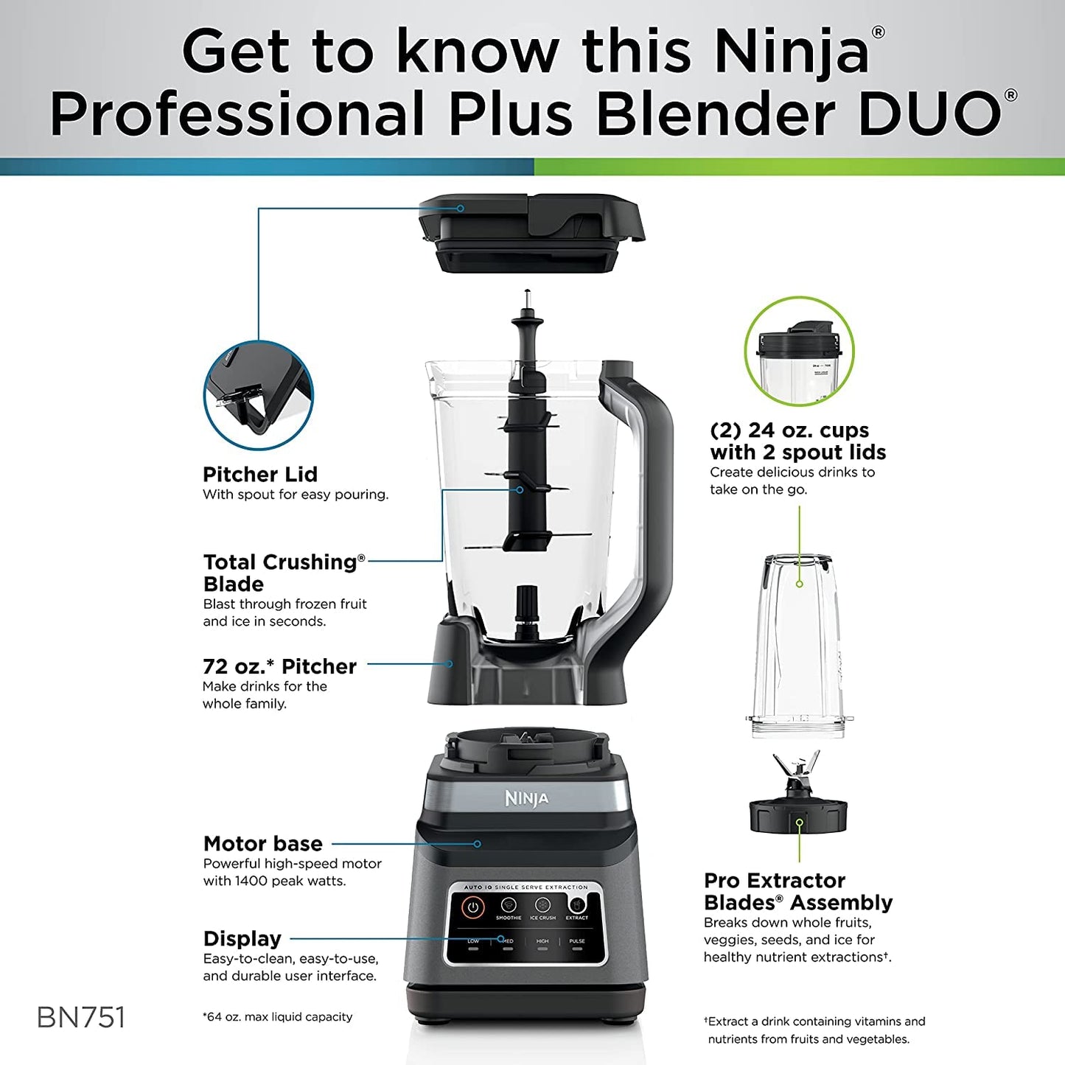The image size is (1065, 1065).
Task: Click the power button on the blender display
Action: tap(472, 907)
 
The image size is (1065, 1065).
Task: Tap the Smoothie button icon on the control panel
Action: tap(509, 905)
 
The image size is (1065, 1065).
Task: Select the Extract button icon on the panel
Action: tap(577, 905)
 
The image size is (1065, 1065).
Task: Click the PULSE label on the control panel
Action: tap(577, 941)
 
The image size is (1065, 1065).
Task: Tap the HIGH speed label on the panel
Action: tap(542, 941)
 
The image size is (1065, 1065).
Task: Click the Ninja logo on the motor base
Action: tap(526, 798)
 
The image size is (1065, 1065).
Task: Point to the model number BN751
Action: tap(81, 1018)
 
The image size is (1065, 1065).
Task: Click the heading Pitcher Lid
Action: tap(260, 474)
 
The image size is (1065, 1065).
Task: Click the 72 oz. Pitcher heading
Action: tap(279, 666)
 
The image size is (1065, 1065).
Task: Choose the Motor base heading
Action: tap(263, 843)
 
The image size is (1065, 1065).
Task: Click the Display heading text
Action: tap(242, 938)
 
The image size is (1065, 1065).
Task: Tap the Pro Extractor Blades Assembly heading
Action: tap(797, 891)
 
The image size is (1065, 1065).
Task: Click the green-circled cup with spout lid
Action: tap(799, 352)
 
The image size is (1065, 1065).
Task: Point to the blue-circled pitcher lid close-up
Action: tap(258, 395)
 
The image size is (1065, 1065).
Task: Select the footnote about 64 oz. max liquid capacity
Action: tap(277, 1017)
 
